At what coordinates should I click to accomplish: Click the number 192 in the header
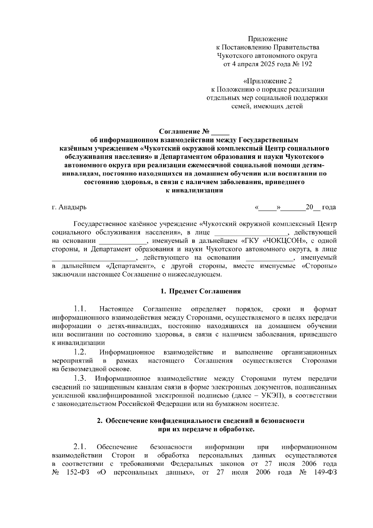tap(306, 64)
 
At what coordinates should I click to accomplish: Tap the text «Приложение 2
tap(267, 81)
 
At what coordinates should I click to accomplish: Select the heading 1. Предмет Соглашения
tap(200, 291)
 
